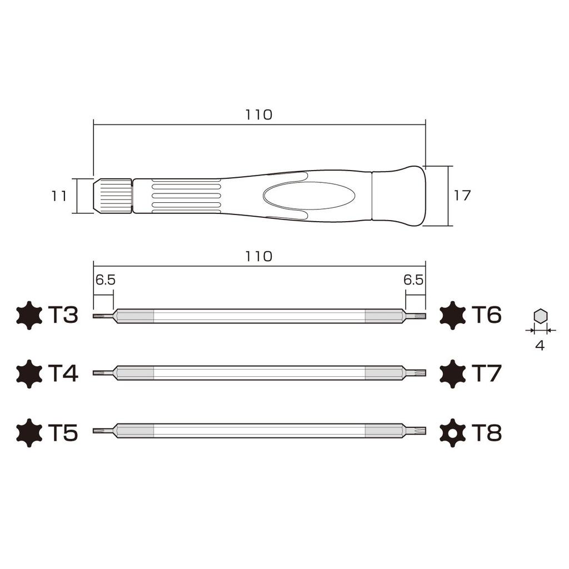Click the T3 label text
click(63, 315)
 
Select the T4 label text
click(63, 373)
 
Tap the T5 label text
click(63, 432)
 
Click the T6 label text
click(486, 315)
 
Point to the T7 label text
click(486, 373)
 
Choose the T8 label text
click(486, 432)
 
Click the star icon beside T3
click(29, 316)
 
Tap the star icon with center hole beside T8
click(452, 432)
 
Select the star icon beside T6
click(452, 316)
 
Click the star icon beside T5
click(29, 432)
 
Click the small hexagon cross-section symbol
click(540, 316)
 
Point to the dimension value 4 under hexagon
click(540, 345)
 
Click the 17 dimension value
click(462, 196)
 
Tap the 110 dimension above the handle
click(259, 114)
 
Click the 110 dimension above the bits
click(259, 256)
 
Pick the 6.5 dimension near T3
click(105, 280)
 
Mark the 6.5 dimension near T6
click(414, 280)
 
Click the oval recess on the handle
click(309, 196)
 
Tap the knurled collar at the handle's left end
click(113, 196)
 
